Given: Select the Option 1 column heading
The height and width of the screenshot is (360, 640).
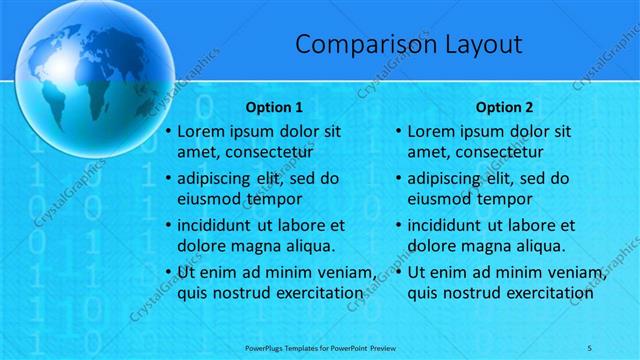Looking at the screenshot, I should (x=274, y=107).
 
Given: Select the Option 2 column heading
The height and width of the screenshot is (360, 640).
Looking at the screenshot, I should (x=504, y=107).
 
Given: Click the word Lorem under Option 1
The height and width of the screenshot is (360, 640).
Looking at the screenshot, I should (x=201, y=131).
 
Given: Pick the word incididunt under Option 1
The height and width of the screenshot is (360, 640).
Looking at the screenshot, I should (x=219, y=225).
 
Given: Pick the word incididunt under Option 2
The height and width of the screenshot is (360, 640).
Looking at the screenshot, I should (x=449, y=225).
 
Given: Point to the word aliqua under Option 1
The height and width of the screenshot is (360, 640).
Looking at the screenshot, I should (x=304, y=246).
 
